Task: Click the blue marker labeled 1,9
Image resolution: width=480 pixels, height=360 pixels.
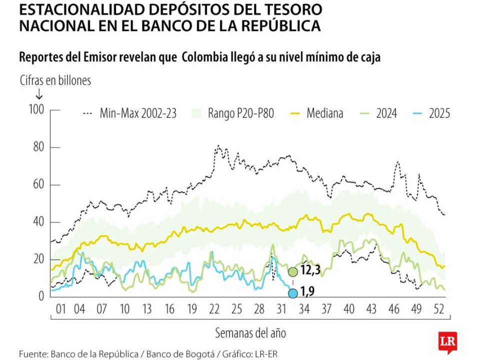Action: [x=292, y=293]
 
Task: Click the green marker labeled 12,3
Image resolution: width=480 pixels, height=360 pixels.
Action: [x=292, y=272]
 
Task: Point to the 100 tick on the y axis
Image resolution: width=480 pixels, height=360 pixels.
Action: [x=37, y=109]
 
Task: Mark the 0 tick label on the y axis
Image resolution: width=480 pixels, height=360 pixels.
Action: [x=42, y=296]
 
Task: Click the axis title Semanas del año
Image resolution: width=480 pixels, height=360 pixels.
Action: [x=250, y=332]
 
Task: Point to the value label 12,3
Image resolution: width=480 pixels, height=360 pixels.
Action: [x=311, y=271]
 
